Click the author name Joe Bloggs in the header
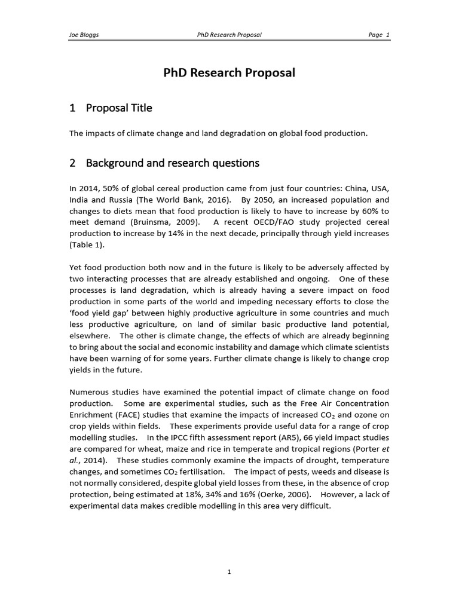pyautogui.click(x=84, y=35)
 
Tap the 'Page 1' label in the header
pyautogui.click(x=379, y=35)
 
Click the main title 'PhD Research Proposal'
pyautogui.click(x=229, y=73)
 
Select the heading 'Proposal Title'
pyautogui.click(x=119, y=108)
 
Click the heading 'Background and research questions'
pyautogui.click(x=173, y=163)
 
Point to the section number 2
pyautogui.click(x=72, y=163)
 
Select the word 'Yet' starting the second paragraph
pyautogui.click(x=76, y=268)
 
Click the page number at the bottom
pyautogui.click(x=229, y=572)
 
